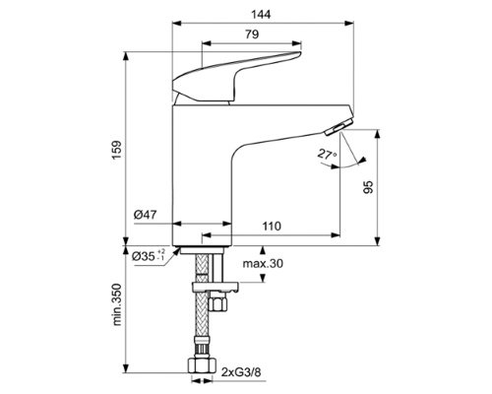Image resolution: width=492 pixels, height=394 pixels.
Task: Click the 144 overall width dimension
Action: click(x=260, y=15)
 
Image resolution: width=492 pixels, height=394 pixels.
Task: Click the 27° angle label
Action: click(x=328, y=155)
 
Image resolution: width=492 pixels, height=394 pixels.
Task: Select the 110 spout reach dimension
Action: click(x=271, y=227)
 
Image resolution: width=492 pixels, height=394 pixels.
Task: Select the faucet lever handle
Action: click(x=236, y=80)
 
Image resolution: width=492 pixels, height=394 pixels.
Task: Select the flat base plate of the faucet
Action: click(x=203, y=244)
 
